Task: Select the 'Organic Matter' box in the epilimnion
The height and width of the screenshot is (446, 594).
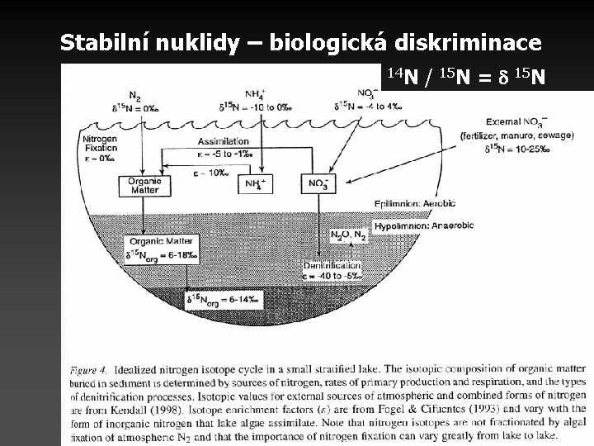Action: point(139,184)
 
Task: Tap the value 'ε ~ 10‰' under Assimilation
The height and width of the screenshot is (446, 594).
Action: point(210,171)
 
